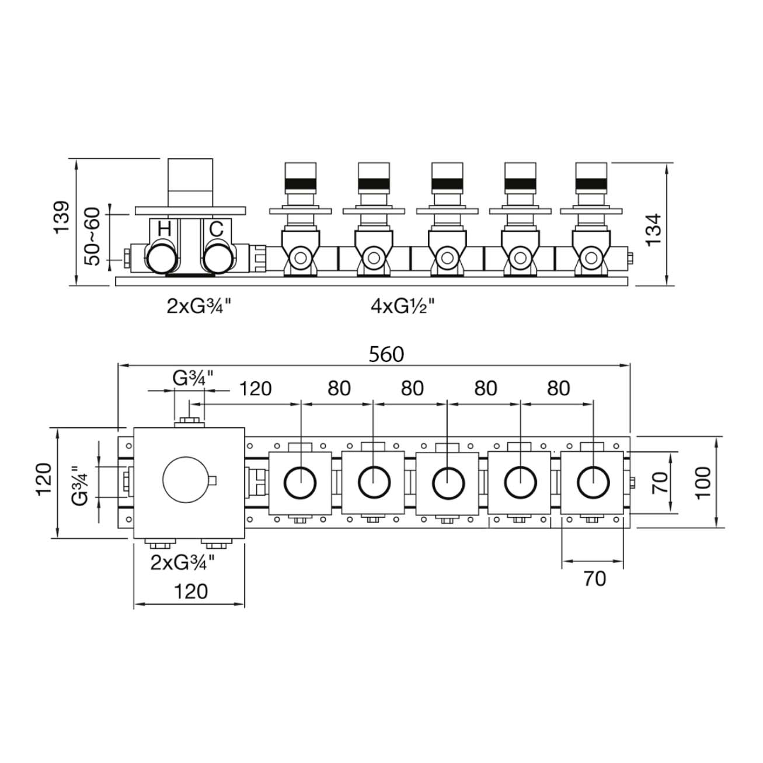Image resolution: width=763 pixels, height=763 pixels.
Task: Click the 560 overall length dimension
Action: click(386, 354)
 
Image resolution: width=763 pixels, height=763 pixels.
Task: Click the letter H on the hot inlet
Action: click(164, 229)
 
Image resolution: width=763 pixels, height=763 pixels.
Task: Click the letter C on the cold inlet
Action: click(216, 229)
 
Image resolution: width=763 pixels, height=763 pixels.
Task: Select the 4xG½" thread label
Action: click(403, 305)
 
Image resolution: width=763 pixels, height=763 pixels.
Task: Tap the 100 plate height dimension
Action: click(703, 482)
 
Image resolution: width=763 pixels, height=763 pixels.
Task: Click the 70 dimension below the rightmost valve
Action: click(594, 579)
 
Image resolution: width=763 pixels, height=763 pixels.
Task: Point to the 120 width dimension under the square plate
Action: click(190, 591)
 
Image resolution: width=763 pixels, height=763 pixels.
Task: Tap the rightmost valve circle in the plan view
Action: click(593, 483)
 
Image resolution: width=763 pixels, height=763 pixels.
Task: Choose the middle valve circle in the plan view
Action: click(448, 483)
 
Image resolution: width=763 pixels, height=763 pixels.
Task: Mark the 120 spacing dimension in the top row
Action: click(256, 388)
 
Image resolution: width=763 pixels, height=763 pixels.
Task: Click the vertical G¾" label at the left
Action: click(80, 483)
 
